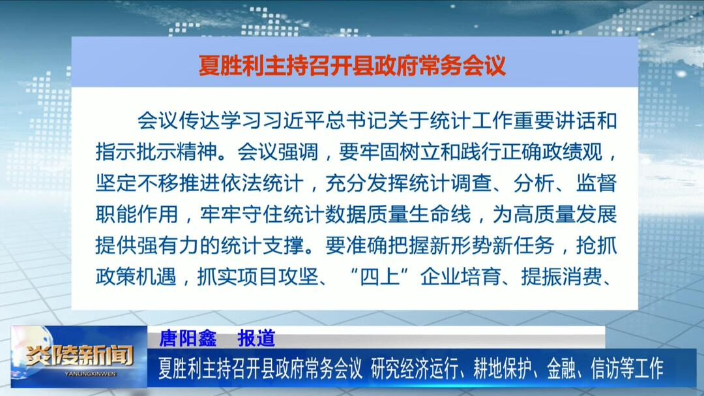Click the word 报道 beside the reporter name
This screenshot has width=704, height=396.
[256, 338]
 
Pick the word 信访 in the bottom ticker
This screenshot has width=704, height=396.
[605, 369]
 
